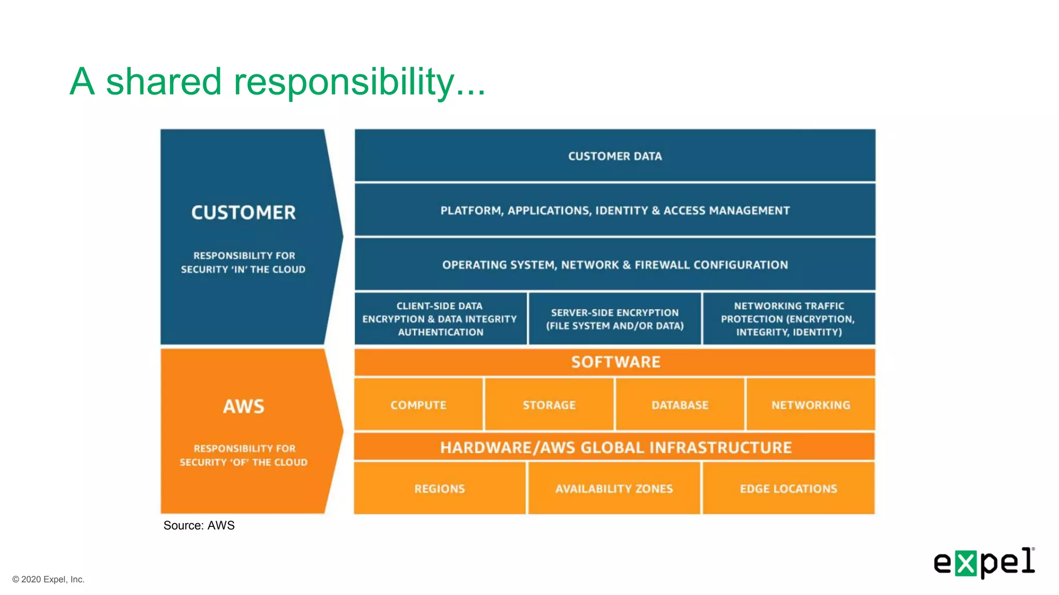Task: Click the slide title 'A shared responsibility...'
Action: (x=278, y=82)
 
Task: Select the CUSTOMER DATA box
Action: (x=615, y=156)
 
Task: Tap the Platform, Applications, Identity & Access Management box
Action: (x=615, y=210)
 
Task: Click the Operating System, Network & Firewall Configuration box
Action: (x=615, y=264)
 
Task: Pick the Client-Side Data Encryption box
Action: (x=440, y=319)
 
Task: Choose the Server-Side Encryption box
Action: (x=615, y=319)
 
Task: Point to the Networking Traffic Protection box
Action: (x=789, y=319)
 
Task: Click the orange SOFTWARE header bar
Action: (x=615, y=362)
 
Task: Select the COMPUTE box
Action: (x=418, y=405)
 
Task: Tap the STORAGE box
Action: (x=549, y=405)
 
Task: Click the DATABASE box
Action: (x=680, y=405)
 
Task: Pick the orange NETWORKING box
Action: (x=811, y=405)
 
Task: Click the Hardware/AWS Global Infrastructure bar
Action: (x=615, y=447)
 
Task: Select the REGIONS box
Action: (x=440, y=489)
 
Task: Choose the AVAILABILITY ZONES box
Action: (x=614, y=489)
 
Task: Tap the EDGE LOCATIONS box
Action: (x=789, y=489)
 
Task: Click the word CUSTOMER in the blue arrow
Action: (x=244, y=212)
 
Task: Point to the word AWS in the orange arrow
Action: (x=244, y=406)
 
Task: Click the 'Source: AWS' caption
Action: (x=199, y=525)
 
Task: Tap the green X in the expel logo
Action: (x=965, y=563)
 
